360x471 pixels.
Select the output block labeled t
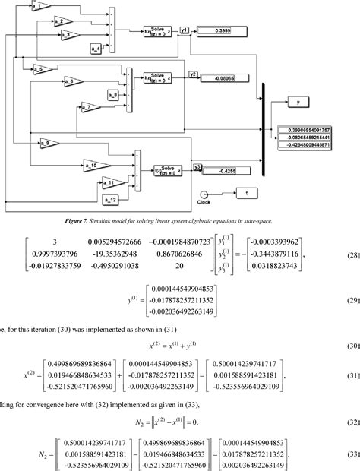(248, 194)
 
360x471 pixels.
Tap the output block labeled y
(297, 100)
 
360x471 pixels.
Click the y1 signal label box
(185, 30)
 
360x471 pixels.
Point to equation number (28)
(352, 257)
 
